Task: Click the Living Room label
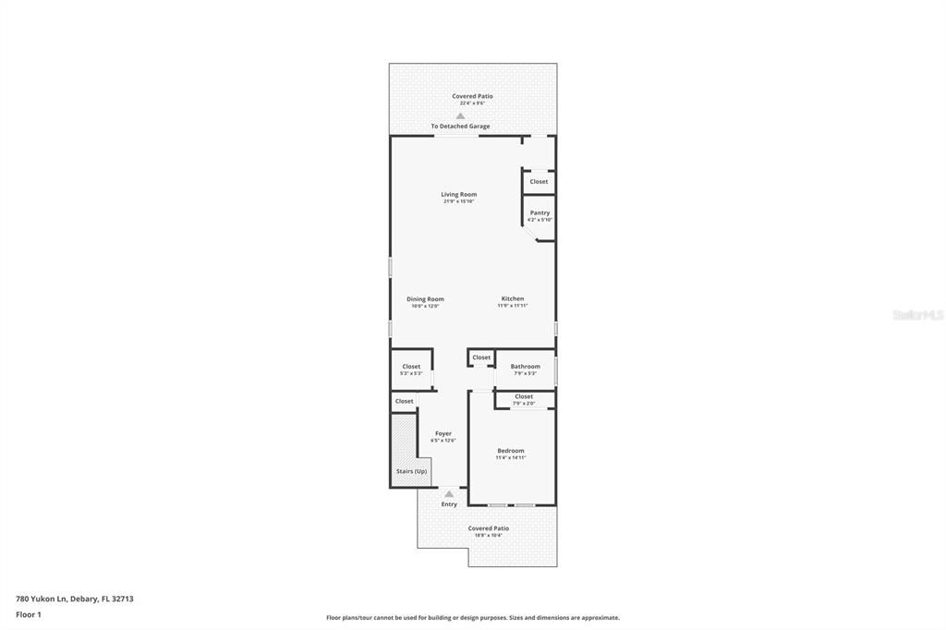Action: [x=458, y=195]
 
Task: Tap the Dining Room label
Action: [x=425, y=299]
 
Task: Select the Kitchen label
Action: [x=513, y=299]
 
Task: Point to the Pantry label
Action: [x=540, y=213]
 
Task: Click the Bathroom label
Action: [x=525, y=367]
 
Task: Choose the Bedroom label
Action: [x=510, y=451]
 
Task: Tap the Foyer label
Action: [x=443, y=433]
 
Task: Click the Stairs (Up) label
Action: [x=411, y=472]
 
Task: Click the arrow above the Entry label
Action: [x=449, y=494]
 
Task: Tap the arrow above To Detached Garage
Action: [x=460, y=115]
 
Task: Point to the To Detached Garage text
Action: [x=460, y=127]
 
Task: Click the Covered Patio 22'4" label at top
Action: [x=472, y=96]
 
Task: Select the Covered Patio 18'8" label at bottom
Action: [x=488, y=529]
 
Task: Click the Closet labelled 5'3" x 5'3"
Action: [x=411, y=367]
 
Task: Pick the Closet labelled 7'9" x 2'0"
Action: [x=524, y=397]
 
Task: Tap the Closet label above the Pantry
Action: [x=539, y=182]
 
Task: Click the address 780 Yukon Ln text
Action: [x=75, y=599]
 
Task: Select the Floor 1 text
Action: [x=30, y=614]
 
